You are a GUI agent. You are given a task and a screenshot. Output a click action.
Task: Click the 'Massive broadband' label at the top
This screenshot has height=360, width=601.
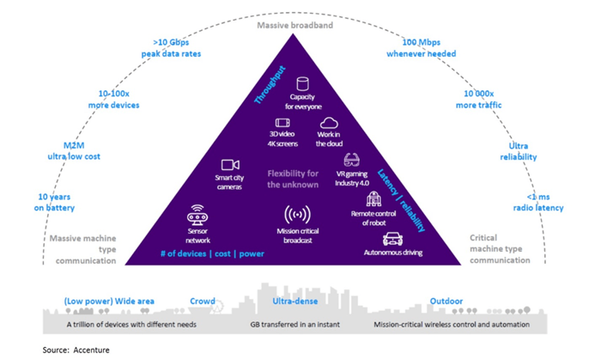click(x=295, y=26)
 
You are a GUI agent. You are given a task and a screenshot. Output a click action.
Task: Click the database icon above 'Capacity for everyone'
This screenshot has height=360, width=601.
click(x=302, y=83)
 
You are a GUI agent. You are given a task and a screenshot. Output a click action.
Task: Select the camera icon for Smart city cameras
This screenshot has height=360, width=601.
click(x=229, y=164)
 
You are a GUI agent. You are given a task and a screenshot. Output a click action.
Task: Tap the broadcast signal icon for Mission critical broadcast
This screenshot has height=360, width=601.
click(x=296, y=215)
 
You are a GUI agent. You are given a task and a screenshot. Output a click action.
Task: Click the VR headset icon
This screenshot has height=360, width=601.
click(x=352, y=159)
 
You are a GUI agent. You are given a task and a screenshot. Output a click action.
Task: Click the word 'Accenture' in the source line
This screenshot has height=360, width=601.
click(x=92, y=350)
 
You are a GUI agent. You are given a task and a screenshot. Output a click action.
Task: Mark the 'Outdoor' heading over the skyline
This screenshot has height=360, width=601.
click(x=446, y=302)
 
